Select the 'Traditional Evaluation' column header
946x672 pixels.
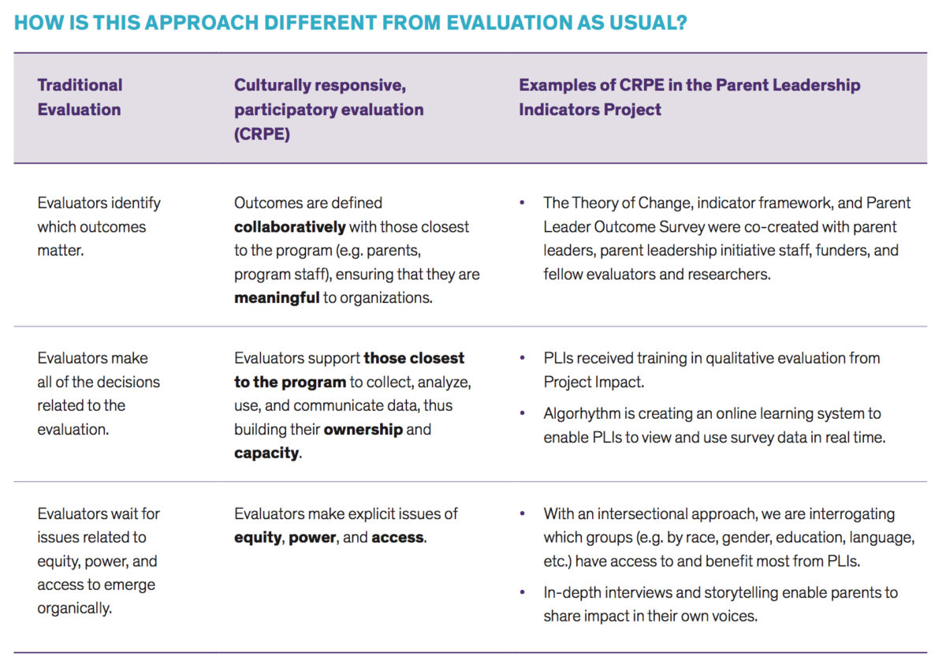click(x=80, y=97)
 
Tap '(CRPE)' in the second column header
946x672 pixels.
click(x=262, y=134)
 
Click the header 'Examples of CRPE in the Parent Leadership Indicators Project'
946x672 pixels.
click(x=689, y=97)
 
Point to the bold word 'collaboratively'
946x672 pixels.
click(x=289, y=227)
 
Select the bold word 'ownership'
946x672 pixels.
click(x=363, y=430)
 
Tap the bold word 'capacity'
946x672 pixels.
click(x=266, y=454)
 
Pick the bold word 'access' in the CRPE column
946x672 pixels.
click(x=397, y=538)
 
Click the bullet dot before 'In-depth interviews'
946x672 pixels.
click(x=522, y=592)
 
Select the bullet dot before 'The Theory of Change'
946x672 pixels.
click(x=522, y=203)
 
